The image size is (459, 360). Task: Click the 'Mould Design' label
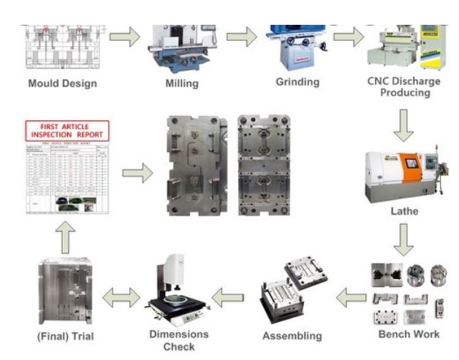coord(62,83)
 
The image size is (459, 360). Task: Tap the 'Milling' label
coord(182,83)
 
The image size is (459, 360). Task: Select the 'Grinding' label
coord(297,81)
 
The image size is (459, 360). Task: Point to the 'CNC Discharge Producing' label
coord(404,87)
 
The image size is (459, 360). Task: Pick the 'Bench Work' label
coord(409,334)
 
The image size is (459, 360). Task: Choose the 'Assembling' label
coord(292,336)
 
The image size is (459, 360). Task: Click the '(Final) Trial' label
coord(67,337)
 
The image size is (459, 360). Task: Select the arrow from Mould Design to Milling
coord(124,37)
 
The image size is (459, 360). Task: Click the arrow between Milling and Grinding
coord(241,37)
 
